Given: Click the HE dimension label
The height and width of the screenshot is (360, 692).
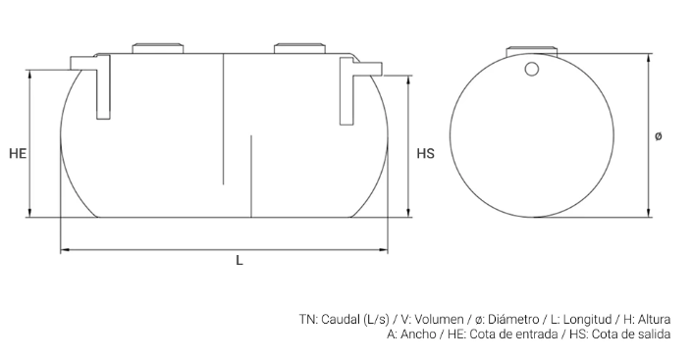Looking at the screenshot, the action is [18, 154].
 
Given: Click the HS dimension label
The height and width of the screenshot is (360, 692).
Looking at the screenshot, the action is [425, 154].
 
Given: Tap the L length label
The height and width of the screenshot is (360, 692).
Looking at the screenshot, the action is [240, 260].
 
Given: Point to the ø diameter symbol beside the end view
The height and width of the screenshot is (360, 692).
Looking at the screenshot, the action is [658, 136].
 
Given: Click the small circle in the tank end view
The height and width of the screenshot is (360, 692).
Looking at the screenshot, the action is [532, 69].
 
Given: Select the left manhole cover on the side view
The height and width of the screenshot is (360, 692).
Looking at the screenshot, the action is [158, 48].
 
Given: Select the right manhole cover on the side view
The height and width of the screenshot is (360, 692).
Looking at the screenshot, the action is [299, 48].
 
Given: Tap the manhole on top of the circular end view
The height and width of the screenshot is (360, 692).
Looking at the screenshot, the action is [531, 52].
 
